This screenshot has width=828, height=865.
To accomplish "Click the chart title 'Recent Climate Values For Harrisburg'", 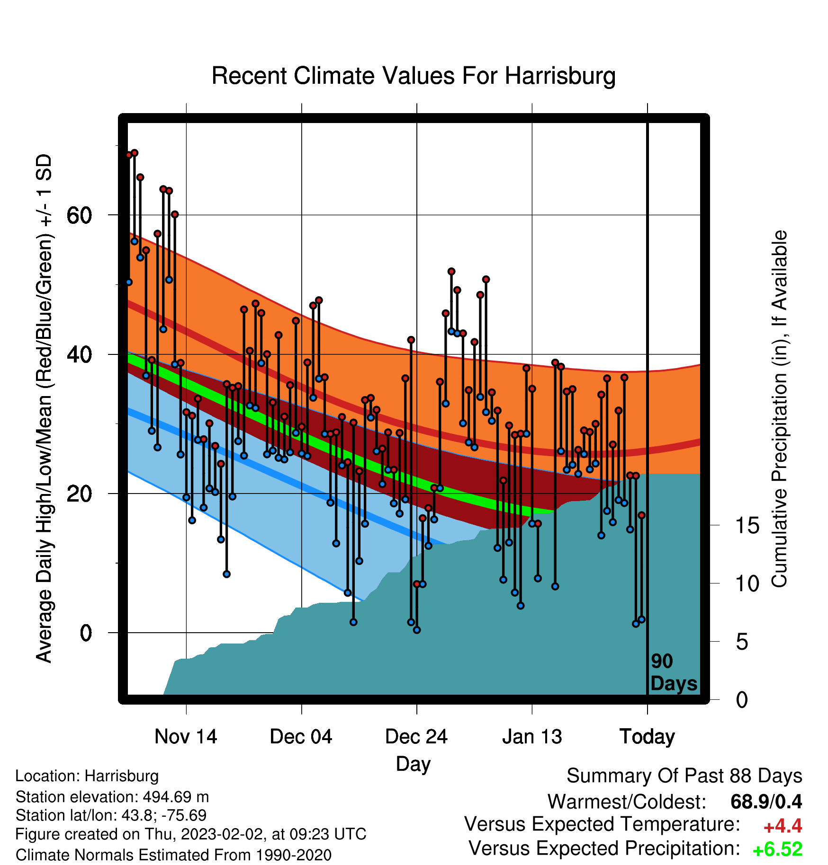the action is pyautogui.click(x=414, y=76).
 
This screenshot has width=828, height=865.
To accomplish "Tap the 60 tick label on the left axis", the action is pyautogui.click(x=79, y=215).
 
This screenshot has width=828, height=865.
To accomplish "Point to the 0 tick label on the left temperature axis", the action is pyautogui.click(x=86, y=633).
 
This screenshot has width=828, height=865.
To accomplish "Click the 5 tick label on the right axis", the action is pyautogui.click(x=742, y=642).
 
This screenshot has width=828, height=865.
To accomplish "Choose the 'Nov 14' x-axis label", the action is pyautogui.click(x=186, y=736).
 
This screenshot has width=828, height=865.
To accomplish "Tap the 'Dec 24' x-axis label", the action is pyautogui.click(x=416, y=736).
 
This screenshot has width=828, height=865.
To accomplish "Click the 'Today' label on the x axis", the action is pyautogui.click(x=647, y=737).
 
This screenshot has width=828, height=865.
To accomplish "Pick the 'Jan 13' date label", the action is pyautogui.click(x=532, y=736).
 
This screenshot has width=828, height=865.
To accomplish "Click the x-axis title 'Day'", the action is pyautogui.click(x=414, y=764).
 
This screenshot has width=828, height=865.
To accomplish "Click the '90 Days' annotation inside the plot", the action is pyautogui.click(x=674, y=672).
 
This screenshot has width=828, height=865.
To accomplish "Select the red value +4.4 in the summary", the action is pyautogui.click(x=783, y=826).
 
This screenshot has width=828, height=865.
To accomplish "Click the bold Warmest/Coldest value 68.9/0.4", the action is pyautogui.click(x=766, y=802).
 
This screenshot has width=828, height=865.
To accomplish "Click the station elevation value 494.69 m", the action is pyautogui.click(x=176, y=797).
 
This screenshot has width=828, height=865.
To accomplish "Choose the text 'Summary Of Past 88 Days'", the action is pyautogui.click(x=684, y=776).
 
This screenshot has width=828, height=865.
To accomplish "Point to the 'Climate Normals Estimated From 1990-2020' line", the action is pyautogui.click(x=173, y=855).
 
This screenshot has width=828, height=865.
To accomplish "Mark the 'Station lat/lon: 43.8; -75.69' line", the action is pyautogui.click(x=111, y=815).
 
